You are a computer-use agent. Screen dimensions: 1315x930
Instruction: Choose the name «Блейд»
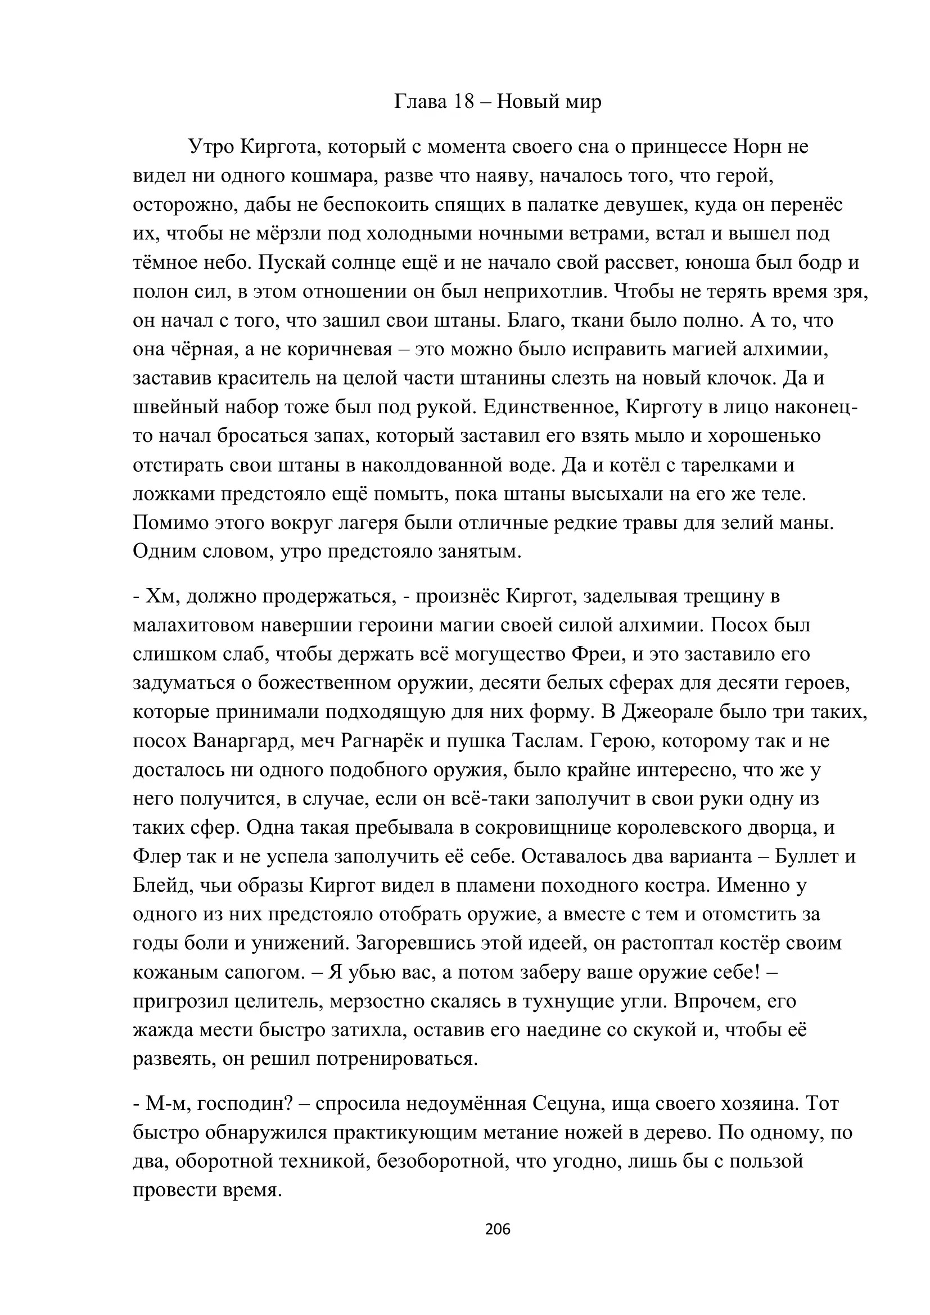161,885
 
